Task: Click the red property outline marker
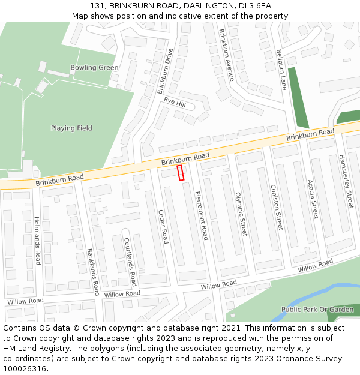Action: click(180, 173)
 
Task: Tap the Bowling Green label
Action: click(94, 68)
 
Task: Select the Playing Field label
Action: click(71, 128)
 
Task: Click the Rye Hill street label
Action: click(175, 103)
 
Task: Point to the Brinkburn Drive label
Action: click(164, 71)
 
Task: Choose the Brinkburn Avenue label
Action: click(226, 55)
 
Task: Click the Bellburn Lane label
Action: click(281, 70)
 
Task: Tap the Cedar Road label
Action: click(162, 226)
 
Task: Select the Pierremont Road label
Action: click(201, 215)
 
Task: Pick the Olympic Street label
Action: click(241, 214)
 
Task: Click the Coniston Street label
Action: click(275, 207)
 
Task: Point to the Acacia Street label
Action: click(312, 199)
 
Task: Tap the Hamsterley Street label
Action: click(347, 181)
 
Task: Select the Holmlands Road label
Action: click(37, 240)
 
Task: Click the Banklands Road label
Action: click(93, 272)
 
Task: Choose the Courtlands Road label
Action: click(130, 262)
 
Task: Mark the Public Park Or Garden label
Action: click(317, 310)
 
